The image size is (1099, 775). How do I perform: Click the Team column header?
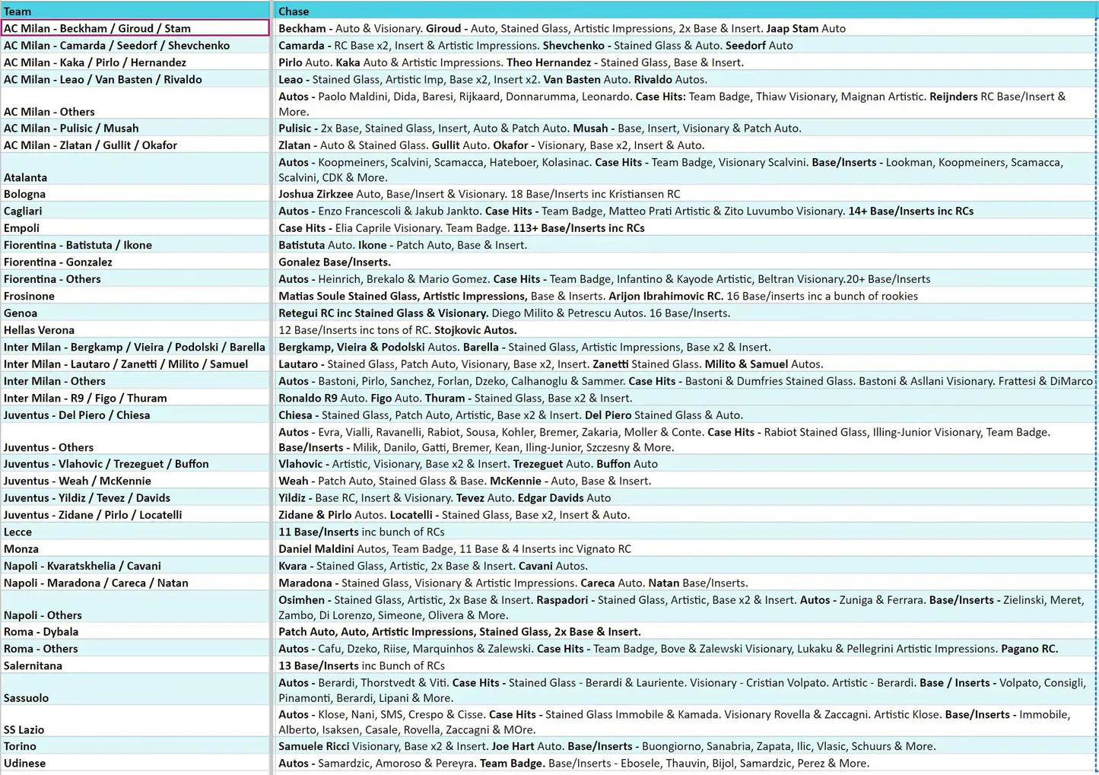(x=17, y=11)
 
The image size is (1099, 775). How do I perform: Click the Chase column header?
(x=294, y=11)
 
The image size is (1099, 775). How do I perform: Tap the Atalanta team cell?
(x=26, y=177)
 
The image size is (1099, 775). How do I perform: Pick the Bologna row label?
(x=25, y=194)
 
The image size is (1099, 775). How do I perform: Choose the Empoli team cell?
(x=22, y=228)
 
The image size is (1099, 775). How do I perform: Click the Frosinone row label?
(x=30, y=296)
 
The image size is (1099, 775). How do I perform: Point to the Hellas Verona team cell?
(x=40, y=330)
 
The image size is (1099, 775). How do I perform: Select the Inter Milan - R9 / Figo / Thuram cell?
(x=85, y=398)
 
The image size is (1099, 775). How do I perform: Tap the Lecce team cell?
(x=18, y=532)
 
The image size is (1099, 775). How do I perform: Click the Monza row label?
(x=21, y=549)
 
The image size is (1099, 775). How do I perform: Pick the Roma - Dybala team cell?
(x=41, y=632)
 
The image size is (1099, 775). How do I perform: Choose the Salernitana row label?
(x=33, y=665)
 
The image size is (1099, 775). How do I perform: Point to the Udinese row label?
(x=25, y=764)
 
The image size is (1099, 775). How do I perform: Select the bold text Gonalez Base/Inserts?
(x=335, y=262)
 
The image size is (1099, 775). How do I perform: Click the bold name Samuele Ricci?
(x=313, y=746)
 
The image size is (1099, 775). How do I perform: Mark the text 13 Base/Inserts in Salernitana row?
(x=319, y=665)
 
